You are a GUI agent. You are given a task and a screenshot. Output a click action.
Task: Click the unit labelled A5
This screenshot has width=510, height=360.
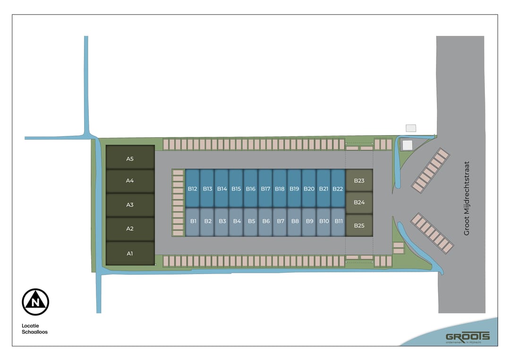coord(130,159)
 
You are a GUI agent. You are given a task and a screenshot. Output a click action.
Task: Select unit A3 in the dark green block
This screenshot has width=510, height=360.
coord(130,205)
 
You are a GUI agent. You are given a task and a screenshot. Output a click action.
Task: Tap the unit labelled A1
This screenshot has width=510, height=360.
coord(130,253)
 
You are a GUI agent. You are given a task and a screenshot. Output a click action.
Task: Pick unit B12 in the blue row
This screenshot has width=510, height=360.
coord(192,189)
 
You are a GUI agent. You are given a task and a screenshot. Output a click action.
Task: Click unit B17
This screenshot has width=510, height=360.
coord(265,189)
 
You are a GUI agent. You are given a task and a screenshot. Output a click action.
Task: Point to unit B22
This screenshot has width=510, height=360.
coord(338,189)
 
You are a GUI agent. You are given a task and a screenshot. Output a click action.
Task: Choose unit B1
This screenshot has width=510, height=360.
coord(193,221)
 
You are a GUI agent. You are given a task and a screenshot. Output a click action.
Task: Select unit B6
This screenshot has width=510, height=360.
coord(266,221)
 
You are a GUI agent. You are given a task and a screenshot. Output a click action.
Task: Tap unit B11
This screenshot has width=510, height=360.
coord(339,221)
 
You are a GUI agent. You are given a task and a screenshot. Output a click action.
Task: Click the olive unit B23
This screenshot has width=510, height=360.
coord(359,180)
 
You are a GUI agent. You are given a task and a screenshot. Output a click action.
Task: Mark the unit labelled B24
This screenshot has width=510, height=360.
coord(359,202)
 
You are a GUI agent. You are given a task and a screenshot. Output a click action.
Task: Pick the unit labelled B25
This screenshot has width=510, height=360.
coord(359,226)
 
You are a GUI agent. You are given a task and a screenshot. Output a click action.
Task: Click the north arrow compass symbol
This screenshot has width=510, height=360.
coord(35,302)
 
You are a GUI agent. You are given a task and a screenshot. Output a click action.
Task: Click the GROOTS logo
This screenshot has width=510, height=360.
coord(467,337)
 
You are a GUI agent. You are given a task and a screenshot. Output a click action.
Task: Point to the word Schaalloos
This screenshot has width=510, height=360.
coord(34,332)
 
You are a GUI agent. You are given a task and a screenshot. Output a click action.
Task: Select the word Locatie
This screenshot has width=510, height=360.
coord(31,325)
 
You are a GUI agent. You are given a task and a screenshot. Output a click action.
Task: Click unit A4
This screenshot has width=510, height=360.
coord(130,181)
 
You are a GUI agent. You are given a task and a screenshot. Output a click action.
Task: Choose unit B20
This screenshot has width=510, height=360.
coord(309,189)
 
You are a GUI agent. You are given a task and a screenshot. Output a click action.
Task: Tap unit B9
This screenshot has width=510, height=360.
coord(309,221)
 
